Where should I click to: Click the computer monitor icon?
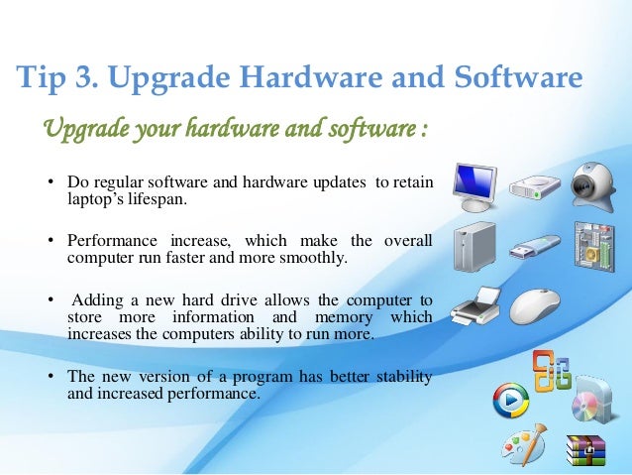tap(476, 184)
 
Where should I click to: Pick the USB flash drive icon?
tap(534, 247)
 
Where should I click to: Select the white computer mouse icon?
tap(536, 306)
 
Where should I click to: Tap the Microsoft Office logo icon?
tap(551, 371)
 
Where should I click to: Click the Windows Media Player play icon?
tap(513, 401)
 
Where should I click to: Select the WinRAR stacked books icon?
tap(585, 450)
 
